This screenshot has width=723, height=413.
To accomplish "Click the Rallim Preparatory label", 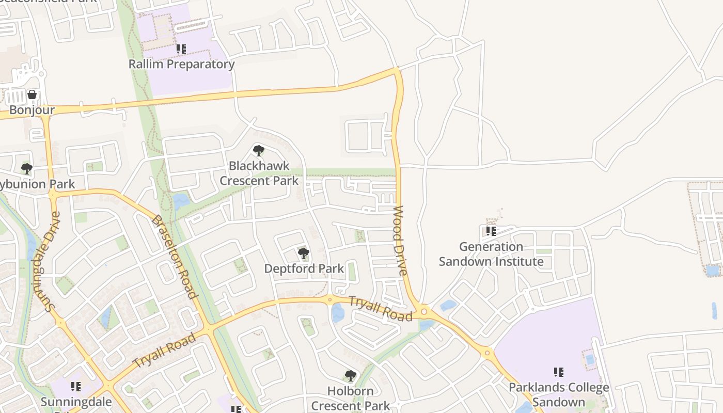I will click(x=181, y=64).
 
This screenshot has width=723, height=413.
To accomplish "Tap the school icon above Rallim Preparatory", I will click(x=181, y=49).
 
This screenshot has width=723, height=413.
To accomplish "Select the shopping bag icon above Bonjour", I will click(x=32, y=94).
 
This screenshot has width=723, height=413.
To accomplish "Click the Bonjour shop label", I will click(x=32, y=110).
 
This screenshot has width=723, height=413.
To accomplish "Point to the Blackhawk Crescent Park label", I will click(x=259, y=173).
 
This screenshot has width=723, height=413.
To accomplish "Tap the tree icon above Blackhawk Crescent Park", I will click(x=259, y=151).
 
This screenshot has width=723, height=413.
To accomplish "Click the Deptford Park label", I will click(x=304, y=268).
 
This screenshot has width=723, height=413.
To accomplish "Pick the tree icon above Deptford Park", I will click(x=304, y=253).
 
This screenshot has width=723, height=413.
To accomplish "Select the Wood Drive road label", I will click(x=401, y=241).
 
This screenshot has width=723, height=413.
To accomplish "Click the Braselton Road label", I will click(x=175, y=257).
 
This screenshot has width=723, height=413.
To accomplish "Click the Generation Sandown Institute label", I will click(x=491, y=254).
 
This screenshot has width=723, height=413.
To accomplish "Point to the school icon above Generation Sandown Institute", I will click(x=491, y=231).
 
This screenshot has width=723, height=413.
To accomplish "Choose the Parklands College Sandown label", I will click(x=559, y=394).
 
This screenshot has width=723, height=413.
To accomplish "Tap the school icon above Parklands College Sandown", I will click(x=558, y=372).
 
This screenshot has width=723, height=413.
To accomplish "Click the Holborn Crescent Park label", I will click(x=351, y=398).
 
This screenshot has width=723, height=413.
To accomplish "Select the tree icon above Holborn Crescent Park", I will click(x=351, y=375).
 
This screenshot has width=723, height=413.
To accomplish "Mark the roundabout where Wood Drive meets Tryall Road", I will click(x=424, y=311).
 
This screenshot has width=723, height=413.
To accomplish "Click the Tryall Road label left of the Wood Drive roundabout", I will click(x=381, y=308).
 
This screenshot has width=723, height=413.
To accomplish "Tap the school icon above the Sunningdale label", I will click(x=76, y=386).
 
